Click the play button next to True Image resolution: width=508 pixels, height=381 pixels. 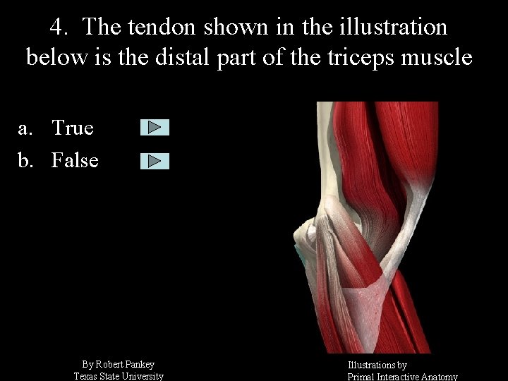pos(155,128)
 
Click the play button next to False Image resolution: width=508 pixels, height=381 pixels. pos(155,161)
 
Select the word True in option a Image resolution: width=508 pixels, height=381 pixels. pos(73,128)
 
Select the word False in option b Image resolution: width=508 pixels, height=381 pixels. pos(75,160)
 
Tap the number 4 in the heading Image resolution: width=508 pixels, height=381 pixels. pos(58,28)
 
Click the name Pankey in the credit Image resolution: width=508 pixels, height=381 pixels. pos(142,364)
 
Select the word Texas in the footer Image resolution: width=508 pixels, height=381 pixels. pos(87,376)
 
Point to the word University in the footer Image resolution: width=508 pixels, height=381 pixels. pos(143,376)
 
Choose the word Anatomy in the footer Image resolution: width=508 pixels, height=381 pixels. pos(438,377)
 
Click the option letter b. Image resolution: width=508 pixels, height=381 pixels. pos(25,160)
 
